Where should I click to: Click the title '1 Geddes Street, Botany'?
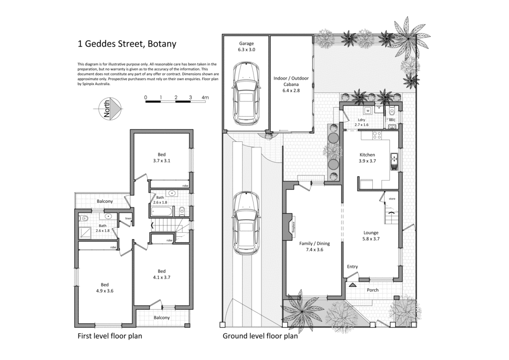point(127,43)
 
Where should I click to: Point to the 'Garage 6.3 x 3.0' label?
point(247,47)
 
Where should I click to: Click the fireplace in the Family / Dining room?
point(291,230)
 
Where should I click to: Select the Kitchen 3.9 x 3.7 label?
point(367,158)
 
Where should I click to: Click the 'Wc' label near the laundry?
point(392,120)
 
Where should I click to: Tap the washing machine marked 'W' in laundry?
point(368,110)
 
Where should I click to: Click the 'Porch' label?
point(372,290)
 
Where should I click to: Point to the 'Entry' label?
point(352,267)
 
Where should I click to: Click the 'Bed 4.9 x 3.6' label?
point(105,288)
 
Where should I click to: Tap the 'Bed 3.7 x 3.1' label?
point(162,158)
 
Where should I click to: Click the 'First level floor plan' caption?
point(109,336)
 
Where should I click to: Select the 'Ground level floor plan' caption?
point(259,336)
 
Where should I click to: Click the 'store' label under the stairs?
point(392,199)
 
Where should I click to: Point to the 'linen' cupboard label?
point(128,218)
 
